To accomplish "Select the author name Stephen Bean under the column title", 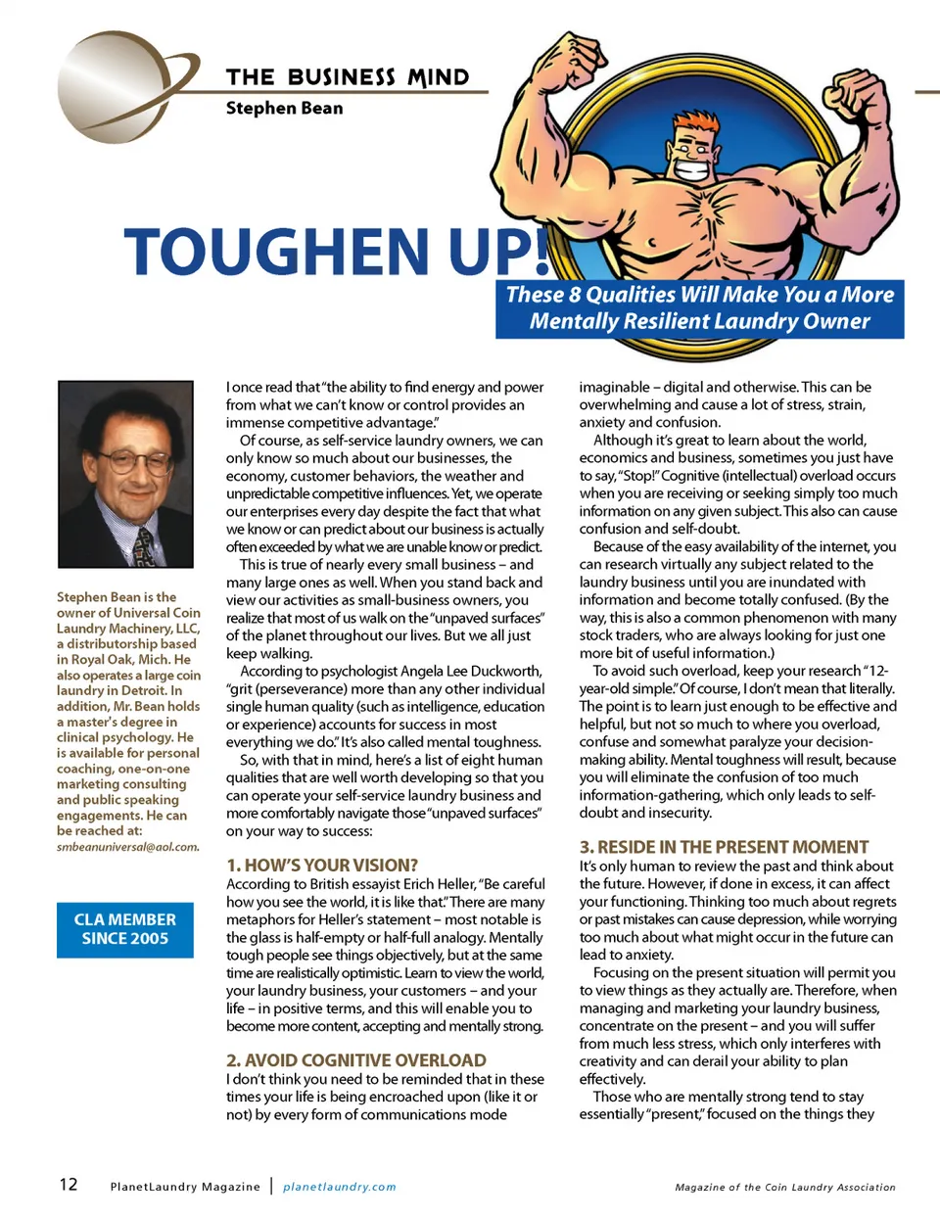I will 284,109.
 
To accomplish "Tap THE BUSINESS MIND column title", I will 348,77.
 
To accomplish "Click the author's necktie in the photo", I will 145,544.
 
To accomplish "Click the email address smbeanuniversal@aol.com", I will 127,847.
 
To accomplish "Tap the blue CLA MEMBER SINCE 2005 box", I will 125,929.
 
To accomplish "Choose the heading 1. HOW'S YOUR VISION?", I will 322,866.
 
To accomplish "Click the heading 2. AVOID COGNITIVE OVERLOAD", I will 356,1060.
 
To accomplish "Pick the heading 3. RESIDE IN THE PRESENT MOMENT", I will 724,847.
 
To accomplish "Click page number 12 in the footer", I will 69,1185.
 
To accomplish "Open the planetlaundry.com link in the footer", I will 340,1187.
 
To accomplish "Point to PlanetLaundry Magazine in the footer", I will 185,1187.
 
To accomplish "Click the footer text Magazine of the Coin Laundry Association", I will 785,1188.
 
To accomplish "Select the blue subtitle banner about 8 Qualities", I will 699,308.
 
